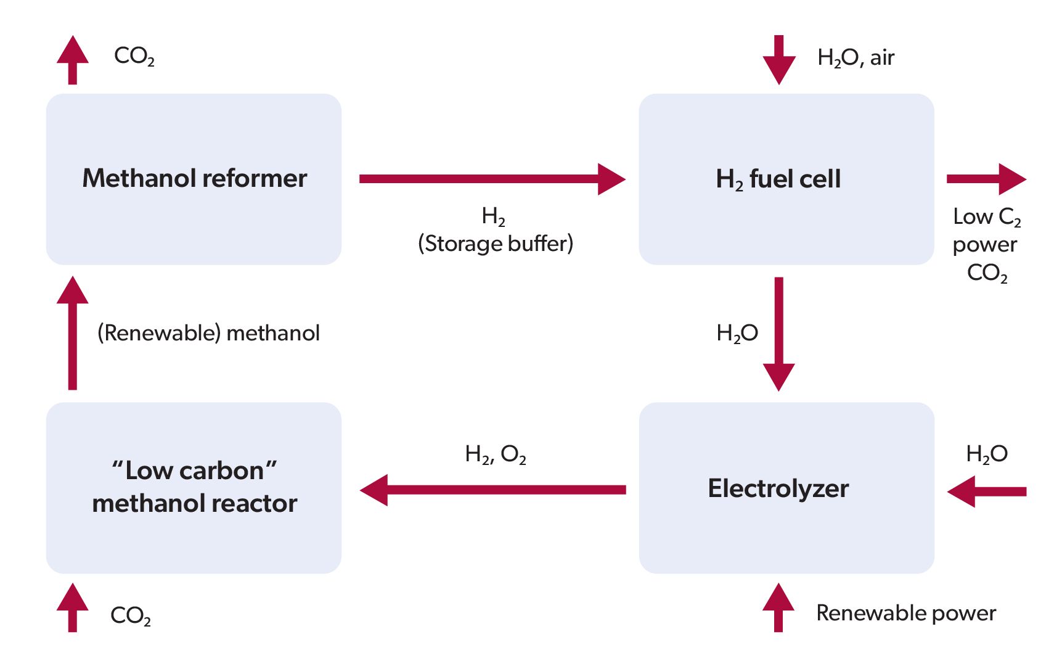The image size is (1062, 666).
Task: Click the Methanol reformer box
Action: tap(194, 179)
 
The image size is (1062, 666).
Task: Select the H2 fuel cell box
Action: tap(786, 179)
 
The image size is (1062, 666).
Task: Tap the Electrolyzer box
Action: tap(786, 488)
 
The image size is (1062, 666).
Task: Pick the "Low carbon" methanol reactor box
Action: tap(194, 488)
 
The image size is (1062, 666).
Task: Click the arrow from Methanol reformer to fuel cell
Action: tap(491, 179)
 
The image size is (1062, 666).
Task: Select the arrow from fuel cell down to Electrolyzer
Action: tap(778, 333)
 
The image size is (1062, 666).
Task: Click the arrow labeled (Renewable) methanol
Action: tap(73, 333)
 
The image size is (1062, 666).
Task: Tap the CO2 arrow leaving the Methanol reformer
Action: tap(73, 60)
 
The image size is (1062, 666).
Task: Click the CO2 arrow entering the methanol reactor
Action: tap(73, 607)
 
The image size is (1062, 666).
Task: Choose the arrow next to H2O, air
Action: tap(778, 60)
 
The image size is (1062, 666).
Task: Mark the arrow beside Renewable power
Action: tap(778, 607)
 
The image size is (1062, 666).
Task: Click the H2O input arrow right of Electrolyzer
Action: tap(986, 491)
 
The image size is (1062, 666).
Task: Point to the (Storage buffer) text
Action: tap(496, 244)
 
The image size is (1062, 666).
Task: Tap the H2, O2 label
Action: tap(496, 454)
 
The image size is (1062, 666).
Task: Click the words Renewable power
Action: tap(905, 613)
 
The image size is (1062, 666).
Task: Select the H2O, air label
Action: tap(856, 57)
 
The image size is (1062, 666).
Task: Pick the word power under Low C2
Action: tap(984, 245)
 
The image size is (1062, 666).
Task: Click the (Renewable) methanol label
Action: tap(208, 333)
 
